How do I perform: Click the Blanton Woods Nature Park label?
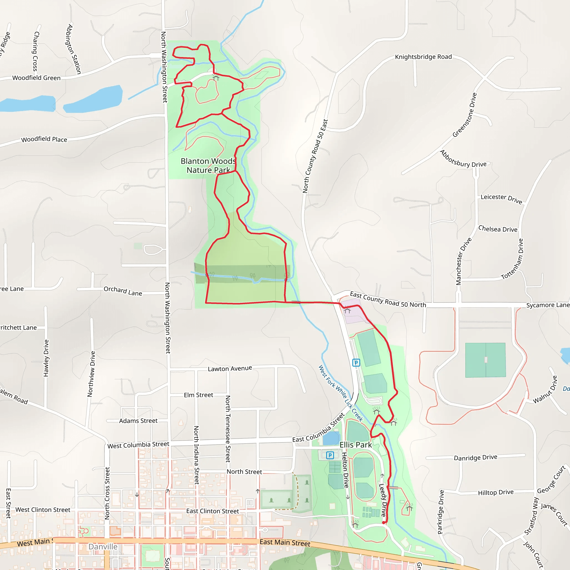pyautogui.click(x=208, y=166)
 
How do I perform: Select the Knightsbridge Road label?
pyautogui.click(x=423, y=57)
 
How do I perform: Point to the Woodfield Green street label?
pyautogui.click(x=36, y=78)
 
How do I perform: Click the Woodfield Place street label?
pyautogui.click(x=44, y=139)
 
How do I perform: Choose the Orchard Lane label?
pyautogui.click(x=123, y=291)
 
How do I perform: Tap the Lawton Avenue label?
pyautogui.click(x=230, y=368)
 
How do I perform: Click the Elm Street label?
pyautogui.click(x=198, y=395)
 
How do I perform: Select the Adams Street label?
pyautogui.click(x=138, y=421)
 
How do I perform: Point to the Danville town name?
pyautogui.click(x=103, y=547)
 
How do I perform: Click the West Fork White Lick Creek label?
pyautogui.click(x=340, y=393)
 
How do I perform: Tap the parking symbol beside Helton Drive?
pyautogui.click(x=330, y=455)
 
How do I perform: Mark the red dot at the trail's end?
pyautogui.click(x=384, y=522)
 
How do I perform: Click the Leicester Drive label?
pyautogui.click(x=501, y=198)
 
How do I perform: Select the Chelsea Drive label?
pyautogui.click(x=498, y=229)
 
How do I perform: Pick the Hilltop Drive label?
pyautogui.click(x=496, y=492)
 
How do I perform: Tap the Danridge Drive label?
pyautogui.click(x=475, y=458)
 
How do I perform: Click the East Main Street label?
pyautogui.click(x=285, y=542)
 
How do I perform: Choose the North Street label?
pyautogui.click(x=244, y=472)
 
